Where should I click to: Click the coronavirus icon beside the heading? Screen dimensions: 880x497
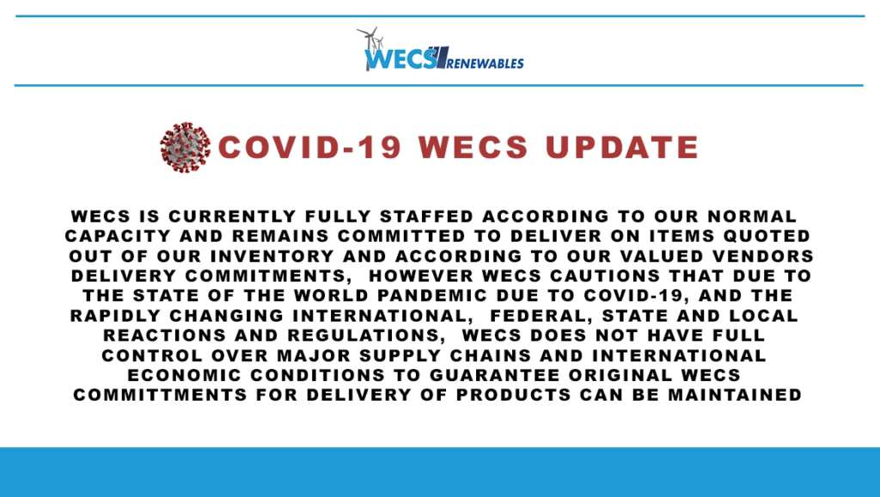pos(186,147)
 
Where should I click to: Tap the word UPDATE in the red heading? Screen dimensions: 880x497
pos(622,147)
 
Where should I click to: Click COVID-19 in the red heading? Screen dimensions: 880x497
pos(309,147)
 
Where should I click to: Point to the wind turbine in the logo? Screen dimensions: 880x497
pos(370,47)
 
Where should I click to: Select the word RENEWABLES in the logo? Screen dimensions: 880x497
pos(486,63)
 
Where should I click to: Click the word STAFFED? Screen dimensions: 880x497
pos(427,216)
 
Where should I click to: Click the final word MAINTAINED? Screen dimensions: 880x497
pos(735,395)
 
